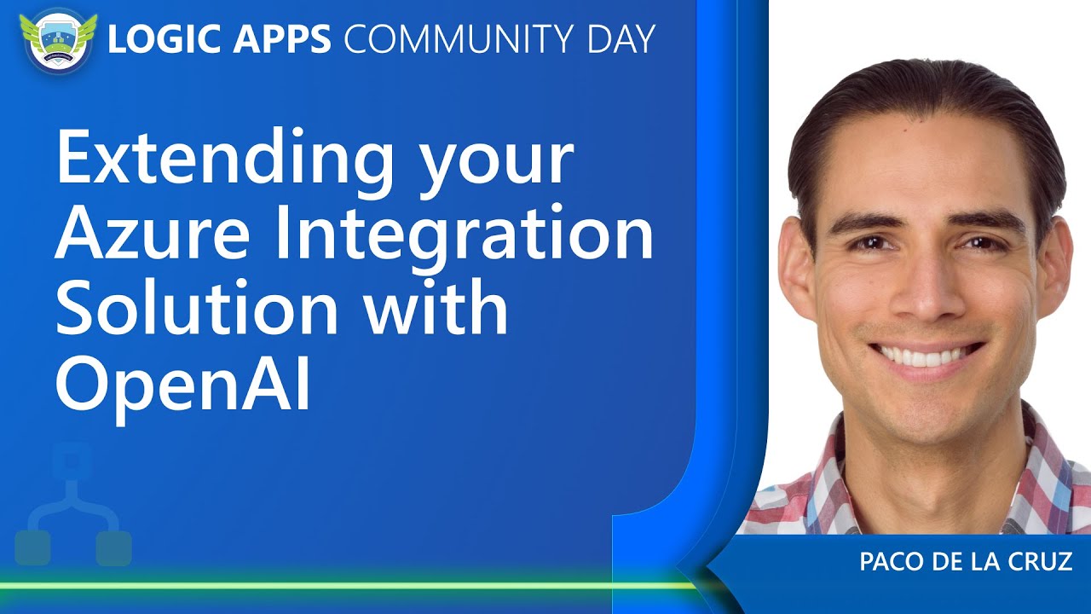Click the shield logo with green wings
pos(59,42)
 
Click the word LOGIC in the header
pos(165,38)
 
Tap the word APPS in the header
pos(281,38)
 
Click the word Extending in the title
pos(226,159)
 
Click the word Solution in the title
pos(198,308)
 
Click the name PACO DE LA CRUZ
pos(966,561)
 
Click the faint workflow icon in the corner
pos(73,504)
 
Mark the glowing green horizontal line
pos(349,585)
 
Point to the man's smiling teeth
pos(926,356)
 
